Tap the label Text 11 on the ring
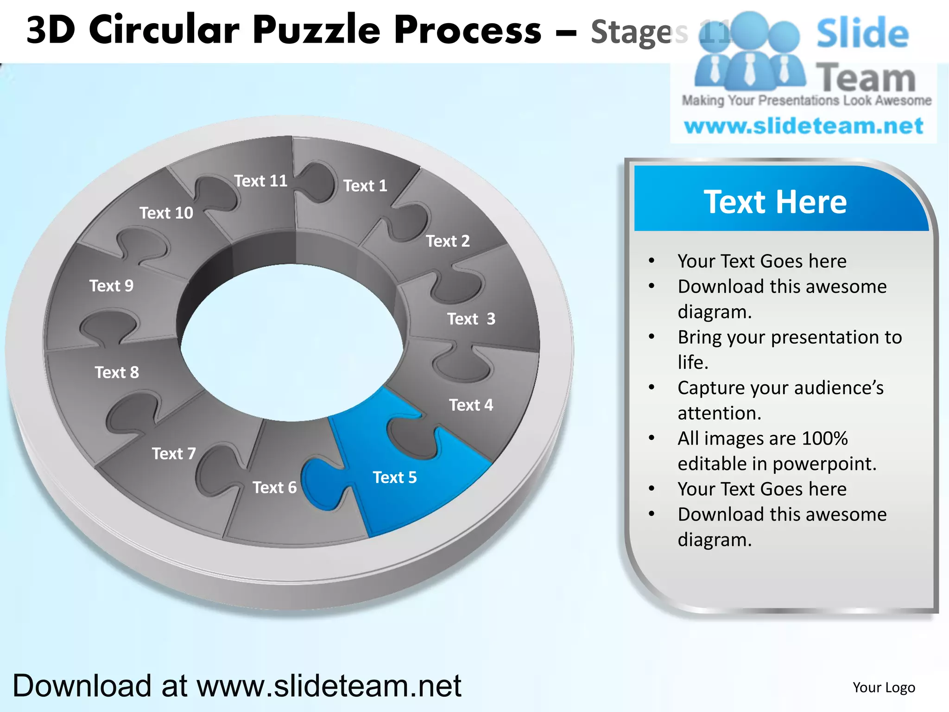[260, 181]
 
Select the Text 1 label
[365, 186]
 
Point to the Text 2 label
[448, 241]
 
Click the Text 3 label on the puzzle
[471, 319]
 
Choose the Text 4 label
[471, 405]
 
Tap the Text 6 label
[274, 488]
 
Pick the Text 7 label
[174, 453]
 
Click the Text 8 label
[117, 372]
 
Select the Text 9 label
[111, 286]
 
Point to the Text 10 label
[166, 213]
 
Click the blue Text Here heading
[775, 202]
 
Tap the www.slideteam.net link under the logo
[803, 126]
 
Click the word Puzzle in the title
[318, 31]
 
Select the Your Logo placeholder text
[884, 687]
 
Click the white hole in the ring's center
[292, 343]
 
